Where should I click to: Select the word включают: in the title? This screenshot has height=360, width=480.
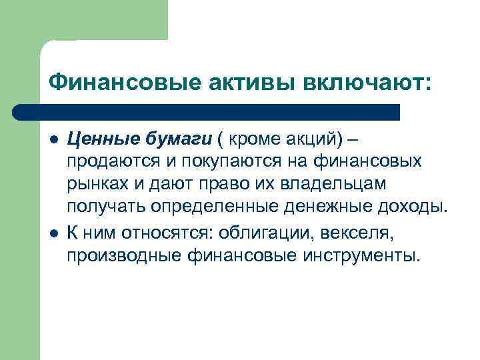pos(367,82)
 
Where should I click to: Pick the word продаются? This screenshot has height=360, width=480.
pos(110,161)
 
